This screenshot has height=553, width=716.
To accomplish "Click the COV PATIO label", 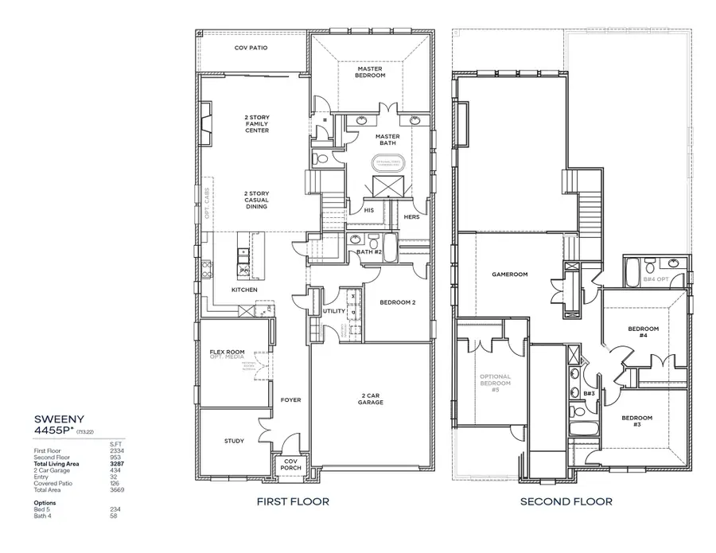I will click(x=251, y=48).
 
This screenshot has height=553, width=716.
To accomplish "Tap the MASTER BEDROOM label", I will click(x=370, y=72).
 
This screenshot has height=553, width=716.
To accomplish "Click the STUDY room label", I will click(x=234, y=441).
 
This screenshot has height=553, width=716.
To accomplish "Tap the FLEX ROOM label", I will click(x=227, y=352).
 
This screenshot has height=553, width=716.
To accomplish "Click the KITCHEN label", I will click(x=243, y=290).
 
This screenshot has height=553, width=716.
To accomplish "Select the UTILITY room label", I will click(x=333, y=311).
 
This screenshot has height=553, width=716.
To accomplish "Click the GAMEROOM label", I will click(x=505, y=272).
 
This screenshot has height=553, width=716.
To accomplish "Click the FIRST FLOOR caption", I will click(x=292, y=502).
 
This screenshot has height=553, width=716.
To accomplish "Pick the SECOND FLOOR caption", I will click(x=566, y=502).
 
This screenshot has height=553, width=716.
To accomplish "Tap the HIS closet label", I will click(x=368, y=211).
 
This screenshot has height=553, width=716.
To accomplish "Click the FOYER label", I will click(x=290, y=399).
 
